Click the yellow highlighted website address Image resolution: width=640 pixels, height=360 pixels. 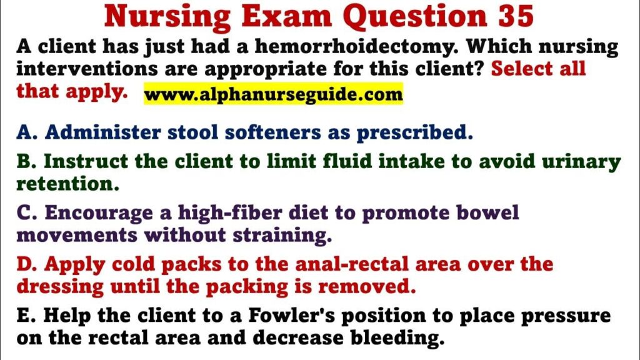tap(274, 94)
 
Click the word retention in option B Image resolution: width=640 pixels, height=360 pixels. tap(67, 184)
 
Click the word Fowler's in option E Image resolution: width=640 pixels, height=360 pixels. tap(292, 316)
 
